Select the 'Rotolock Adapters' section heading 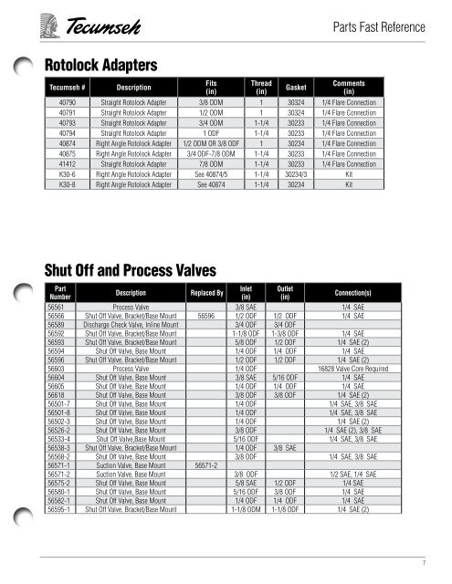pos(103,65)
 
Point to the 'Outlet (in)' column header pos(284,293)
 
